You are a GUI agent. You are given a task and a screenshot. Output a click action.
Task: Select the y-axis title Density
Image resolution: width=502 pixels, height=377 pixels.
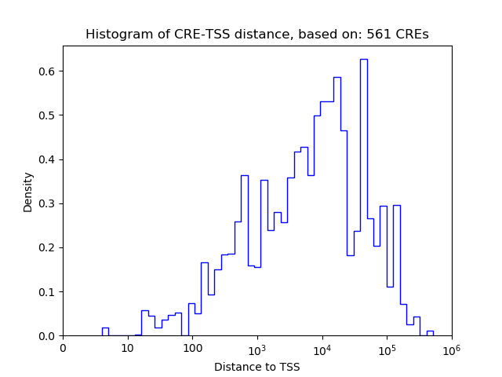[28, 192]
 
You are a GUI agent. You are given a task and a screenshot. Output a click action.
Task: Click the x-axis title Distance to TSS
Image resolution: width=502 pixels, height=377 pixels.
[256, 367]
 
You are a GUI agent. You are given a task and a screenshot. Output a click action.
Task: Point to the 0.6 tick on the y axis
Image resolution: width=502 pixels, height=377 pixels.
[47, 71]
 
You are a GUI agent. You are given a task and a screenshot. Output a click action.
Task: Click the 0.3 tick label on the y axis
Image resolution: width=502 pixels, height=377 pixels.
[47, 204]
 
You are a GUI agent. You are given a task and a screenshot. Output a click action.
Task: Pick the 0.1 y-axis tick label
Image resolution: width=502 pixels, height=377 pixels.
[47, 292]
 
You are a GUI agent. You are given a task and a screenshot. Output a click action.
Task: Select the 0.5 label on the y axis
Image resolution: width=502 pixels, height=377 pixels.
[47, 115]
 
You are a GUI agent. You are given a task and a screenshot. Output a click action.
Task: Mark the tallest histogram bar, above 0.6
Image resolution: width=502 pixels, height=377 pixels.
[364, 196]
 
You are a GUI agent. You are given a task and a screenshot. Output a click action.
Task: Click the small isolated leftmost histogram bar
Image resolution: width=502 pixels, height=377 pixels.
[105, 332]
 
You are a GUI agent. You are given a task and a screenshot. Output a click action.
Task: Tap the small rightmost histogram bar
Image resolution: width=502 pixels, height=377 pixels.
[430, 333]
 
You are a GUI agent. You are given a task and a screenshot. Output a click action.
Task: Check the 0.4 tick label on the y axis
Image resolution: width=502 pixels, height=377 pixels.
[47, 159]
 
